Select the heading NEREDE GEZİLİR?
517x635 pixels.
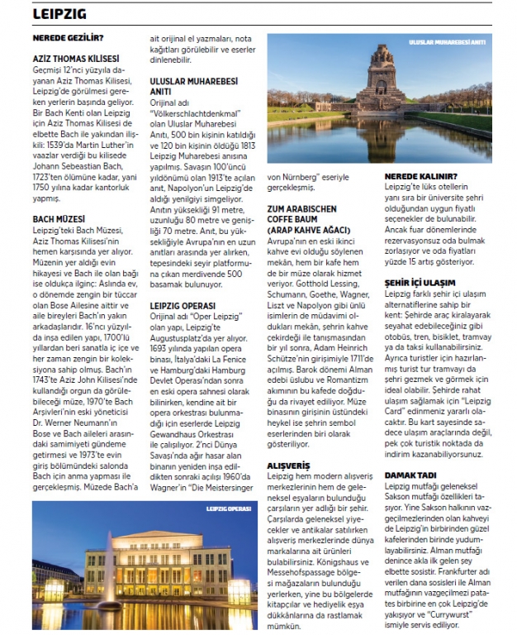tap(68, 38)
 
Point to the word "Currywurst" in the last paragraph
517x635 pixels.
tap(466, 614)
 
